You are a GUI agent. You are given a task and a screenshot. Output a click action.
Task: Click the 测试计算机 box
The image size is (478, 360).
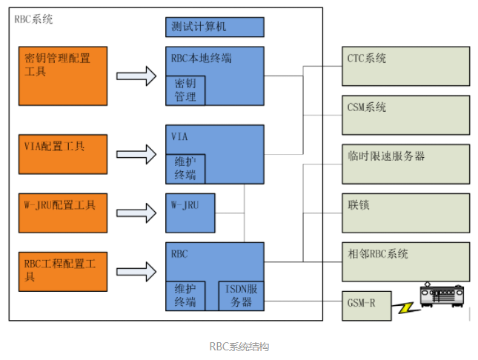click(214, 27)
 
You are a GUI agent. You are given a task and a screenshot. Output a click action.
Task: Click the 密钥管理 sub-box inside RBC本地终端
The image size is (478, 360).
click(185, 90)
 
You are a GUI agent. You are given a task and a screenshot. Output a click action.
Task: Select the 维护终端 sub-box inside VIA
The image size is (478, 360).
click(185, 169)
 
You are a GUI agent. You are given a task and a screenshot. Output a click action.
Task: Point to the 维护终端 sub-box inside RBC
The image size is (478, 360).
click(185, 296)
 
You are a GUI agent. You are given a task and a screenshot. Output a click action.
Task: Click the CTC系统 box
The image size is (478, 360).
click(406, 67)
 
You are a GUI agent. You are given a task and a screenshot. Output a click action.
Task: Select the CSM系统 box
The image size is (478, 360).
click(406, 114)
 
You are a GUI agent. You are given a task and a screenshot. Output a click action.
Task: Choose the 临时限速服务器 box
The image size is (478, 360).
click(406, 164)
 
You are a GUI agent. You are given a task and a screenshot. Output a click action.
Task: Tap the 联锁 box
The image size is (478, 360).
click(406, 213)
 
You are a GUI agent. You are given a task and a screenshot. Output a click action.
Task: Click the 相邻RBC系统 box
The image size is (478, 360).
click(406, 261)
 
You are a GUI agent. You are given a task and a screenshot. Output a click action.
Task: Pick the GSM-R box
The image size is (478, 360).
click(366, 304)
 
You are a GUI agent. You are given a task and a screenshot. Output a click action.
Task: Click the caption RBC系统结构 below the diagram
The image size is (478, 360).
click(239, 346)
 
